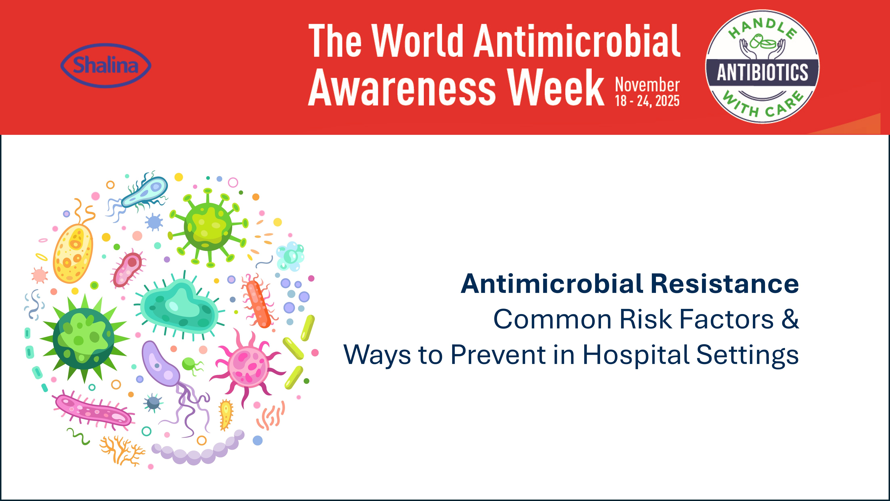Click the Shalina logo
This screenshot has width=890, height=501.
106,65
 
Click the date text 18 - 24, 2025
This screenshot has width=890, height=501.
647,101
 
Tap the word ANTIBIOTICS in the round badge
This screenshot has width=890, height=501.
762,72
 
